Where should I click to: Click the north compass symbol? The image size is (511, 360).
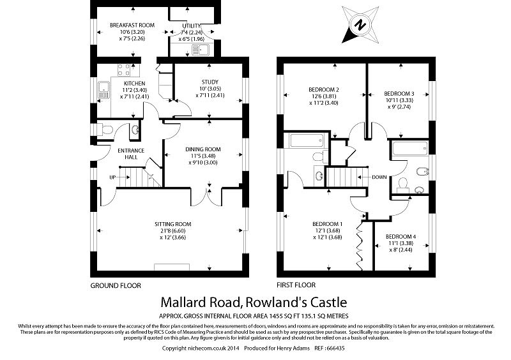360,25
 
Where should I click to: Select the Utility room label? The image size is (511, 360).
192,25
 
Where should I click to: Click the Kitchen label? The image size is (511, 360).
134,83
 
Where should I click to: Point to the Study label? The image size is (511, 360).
210,82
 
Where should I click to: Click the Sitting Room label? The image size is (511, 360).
172,223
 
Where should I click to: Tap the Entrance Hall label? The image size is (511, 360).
131,154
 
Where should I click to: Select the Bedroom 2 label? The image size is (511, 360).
323,89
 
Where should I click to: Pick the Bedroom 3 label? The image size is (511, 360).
400,93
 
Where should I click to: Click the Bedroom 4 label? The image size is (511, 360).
400,236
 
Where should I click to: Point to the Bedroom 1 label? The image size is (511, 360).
328,223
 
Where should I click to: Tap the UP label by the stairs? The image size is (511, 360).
112,177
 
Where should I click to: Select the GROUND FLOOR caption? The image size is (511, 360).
116,285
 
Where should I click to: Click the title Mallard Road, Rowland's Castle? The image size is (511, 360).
255,301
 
